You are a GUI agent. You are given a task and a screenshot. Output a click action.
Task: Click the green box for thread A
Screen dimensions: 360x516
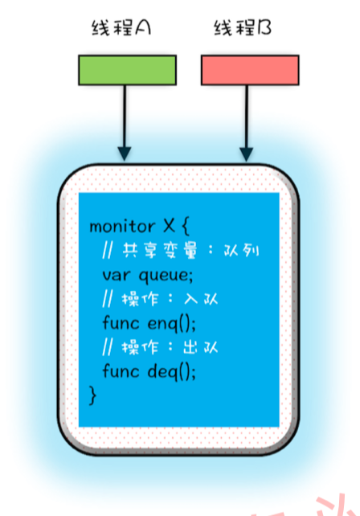(127, 70)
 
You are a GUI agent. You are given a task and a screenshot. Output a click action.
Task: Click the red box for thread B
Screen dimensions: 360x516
(250, 70)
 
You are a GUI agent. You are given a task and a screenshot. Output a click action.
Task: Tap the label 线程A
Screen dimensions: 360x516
(121, 27)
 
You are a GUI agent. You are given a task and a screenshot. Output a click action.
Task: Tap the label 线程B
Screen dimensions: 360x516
(243, 27)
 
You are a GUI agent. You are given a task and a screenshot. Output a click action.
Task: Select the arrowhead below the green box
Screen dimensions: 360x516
(125, 154)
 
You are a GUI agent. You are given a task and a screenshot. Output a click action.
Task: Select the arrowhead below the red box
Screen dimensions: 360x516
(247, 154)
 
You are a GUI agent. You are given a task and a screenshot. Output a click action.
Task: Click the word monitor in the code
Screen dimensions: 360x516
(122, 227)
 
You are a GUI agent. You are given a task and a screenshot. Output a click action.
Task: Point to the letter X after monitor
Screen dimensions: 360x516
(169, 226)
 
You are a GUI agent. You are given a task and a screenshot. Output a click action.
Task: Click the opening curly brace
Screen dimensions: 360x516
(186, 227)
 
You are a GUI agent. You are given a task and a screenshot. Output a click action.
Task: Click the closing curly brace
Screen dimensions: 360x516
(93, 395)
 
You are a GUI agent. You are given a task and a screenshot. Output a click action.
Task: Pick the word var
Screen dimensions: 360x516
(117, 276)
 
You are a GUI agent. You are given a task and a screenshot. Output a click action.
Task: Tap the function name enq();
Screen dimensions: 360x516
(171, 324)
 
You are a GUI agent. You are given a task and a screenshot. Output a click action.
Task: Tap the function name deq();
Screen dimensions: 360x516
(171, 372)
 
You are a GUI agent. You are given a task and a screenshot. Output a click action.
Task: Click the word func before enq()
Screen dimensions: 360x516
(121, 322)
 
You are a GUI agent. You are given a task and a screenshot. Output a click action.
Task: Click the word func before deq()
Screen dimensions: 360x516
(121, 371)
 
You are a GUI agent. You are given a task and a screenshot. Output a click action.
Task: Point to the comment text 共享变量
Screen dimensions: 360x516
(160, 251)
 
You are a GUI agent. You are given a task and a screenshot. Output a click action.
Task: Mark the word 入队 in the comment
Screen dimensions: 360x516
(201, 299)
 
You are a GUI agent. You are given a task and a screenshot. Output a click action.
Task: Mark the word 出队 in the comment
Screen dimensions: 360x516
(201, 347)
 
